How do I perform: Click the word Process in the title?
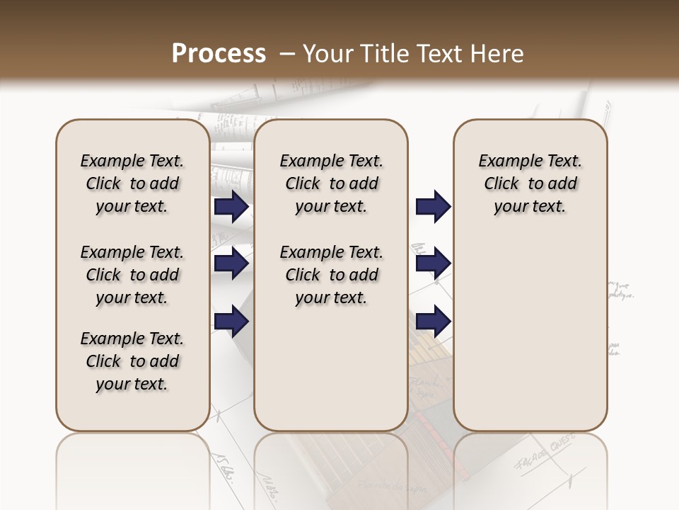pos(219,53)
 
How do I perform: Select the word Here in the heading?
pos(497,53)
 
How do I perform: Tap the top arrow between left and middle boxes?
pos(231,207)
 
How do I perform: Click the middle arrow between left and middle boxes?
pos(231,264)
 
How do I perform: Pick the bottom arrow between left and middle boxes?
pos(231,321)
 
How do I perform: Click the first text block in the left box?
pos(132,183)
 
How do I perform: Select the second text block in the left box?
pos(132,275)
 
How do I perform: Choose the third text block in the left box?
pos(132,361)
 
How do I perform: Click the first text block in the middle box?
pos(331,183)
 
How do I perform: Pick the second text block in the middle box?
pos(331,275)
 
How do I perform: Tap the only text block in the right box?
pos(530,183)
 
